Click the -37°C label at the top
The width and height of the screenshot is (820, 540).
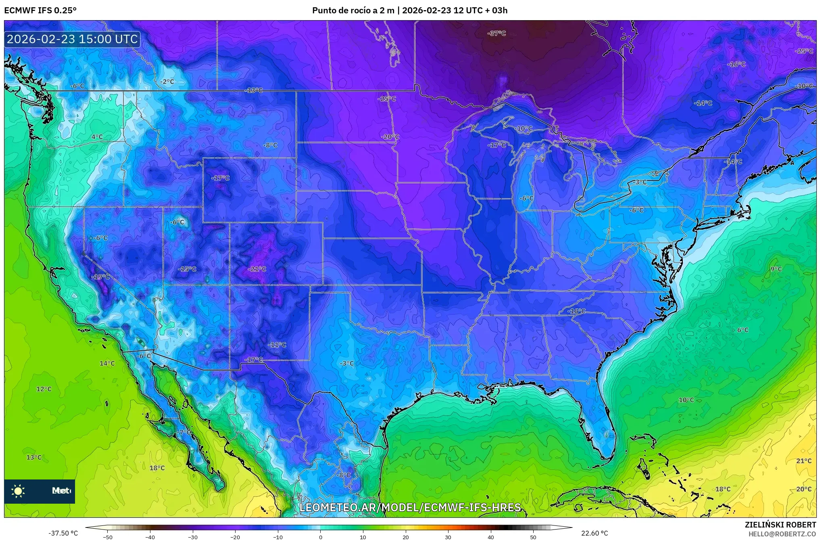pos(497,33)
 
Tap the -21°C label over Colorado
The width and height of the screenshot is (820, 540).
pos(257,269)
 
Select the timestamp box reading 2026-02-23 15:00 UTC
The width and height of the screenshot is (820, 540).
pos(72,39)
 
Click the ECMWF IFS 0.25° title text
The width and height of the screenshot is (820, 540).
pos(40,10)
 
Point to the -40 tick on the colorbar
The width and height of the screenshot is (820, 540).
pos(150,537)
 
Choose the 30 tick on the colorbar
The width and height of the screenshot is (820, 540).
pos(448,537)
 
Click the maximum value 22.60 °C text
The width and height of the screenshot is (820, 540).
pos(594,533)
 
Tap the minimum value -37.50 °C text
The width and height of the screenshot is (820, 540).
pos(63,533)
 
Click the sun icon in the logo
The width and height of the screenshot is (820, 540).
pos(18,491)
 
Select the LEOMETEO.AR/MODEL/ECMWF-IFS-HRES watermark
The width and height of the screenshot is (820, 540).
pos(410,507)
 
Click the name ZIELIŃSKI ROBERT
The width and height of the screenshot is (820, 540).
pos(780,525)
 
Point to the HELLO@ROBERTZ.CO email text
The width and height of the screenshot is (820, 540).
pos(782,534)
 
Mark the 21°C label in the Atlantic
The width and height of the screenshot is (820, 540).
pos(803,461)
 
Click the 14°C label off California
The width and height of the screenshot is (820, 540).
pos(107,363)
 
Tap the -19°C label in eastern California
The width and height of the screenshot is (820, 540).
pos(100,277)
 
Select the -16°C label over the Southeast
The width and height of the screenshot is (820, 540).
pos(576,311)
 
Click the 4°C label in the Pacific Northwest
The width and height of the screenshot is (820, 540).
pos(97,137)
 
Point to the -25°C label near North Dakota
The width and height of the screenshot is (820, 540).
pos(387,99)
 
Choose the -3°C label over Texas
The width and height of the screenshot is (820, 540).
pos(346,363)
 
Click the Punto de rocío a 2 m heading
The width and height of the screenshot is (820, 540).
pos(353,10)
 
